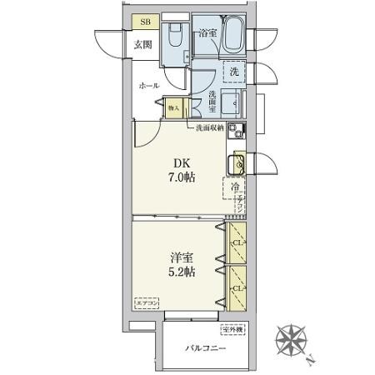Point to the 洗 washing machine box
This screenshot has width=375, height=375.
[x=236, y=72]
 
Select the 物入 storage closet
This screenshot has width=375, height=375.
[x=174, y=107]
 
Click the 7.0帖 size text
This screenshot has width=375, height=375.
[x=182, y=178]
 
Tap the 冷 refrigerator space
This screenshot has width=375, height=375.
[x=234, y=189]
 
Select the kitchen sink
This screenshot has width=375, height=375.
[x=237, y=162]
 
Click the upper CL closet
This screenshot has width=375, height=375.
[x=237, y=243]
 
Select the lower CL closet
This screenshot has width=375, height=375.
[x=237, y=288]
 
